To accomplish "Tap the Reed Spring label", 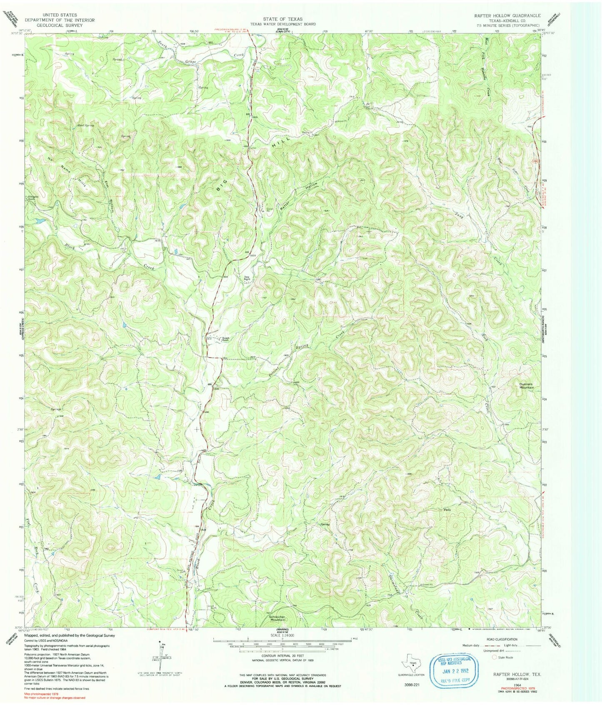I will [86, 125].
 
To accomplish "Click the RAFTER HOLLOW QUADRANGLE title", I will [507, 15].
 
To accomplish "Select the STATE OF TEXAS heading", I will [282, 19].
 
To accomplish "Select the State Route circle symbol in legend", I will [495, 657].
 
